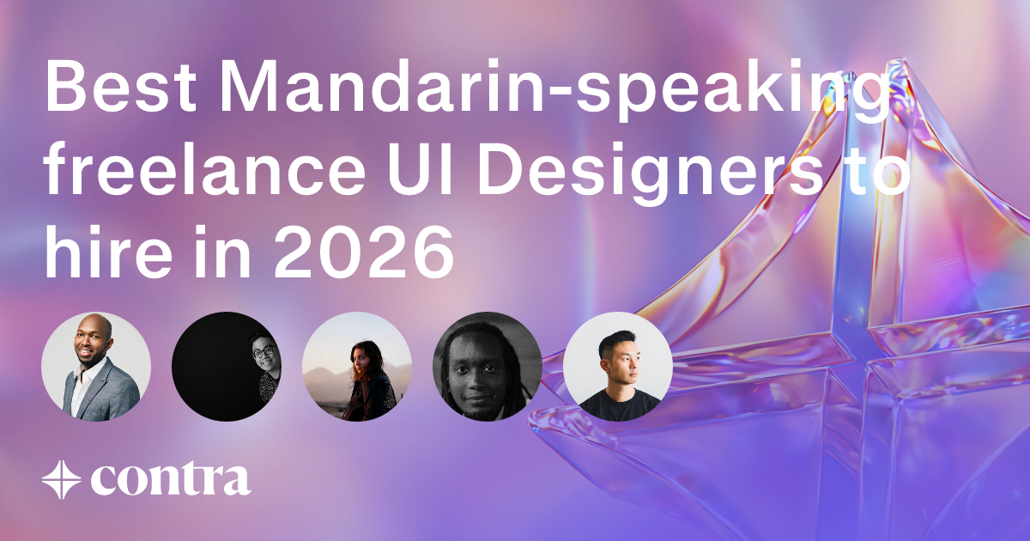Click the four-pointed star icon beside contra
(61, 479)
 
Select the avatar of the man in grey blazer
(96, 367)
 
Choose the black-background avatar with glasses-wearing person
(227, 367)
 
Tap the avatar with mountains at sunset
(357, 367)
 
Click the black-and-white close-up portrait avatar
(488, 367)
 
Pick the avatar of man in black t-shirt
(618, 367)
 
